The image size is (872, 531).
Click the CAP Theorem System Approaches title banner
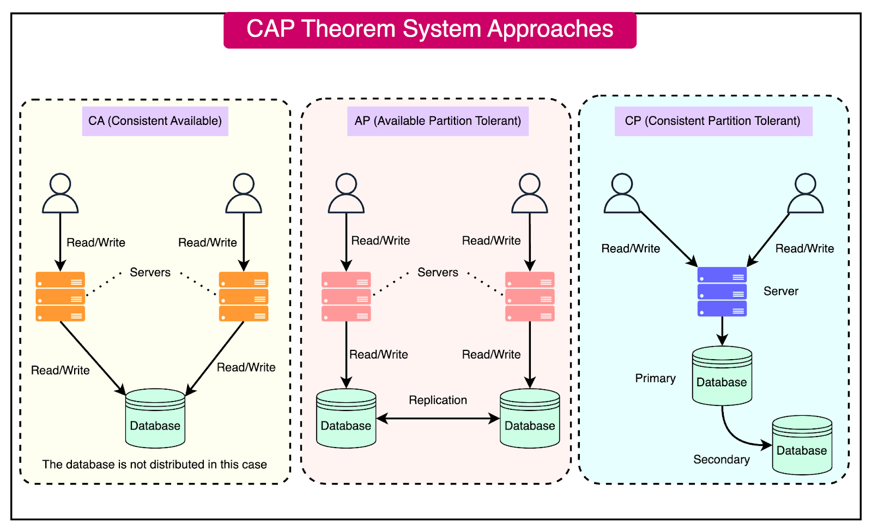coord(429,29)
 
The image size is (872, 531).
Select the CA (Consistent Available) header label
coord(155,121)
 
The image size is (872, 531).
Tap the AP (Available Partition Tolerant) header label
coord(438,121)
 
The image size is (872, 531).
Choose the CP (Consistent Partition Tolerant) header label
coord(713,121)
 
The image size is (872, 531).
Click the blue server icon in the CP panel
coord(722,292)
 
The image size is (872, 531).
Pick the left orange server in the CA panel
coord(60,296)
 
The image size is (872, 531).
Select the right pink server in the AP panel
coord(529,296)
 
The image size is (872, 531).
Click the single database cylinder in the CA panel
coord(155,419)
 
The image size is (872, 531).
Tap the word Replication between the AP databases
coord(438,400)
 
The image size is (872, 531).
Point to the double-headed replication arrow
coord(438,419)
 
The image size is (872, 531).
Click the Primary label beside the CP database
coord(655,378)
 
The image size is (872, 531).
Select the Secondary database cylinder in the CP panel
coord(802,445)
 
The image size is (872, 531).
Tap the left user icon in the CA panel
coord(60,194)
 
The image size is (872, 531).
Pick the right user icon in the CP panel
coord(805,194)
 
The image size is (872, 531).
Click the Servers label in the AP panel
coord(438,272)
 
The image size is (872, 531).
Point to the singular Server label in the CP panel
coord(780,291)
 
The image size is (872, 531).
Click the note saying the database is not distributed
coord(155,464)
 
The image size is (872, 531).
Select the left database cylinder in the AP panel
coord(346,419)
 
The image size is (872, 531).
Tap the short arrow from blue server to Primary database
coord(722,331)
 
